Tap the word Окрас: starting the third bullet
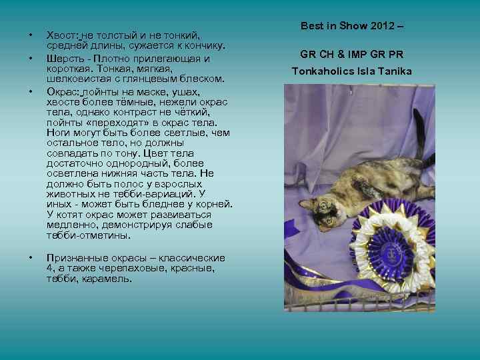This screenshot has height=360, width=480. tap(63, 90)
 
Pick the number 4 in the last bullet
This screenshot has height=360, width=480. tap(50, 268)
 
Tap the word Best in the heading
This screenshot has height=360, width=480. tap(312, 26)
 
